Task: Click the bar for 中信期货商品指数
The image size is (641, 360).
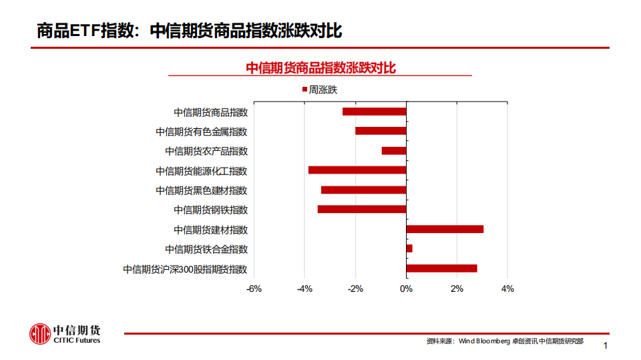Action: [374, 112]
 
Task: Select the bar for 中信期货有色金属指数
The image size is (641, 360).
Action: [381, 131]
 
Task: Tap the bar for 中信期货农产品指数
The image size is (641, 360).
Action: [394, 151]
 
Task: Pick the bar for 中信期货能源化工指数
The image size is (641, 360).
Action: [357, 170]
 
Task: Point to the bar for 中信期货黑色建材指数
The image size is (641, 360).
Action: [363, 190]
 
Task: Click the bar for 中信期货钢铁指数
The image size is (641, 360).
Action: [362, 209]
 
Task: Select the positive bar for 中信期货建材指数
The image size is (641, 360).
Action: [445, 229]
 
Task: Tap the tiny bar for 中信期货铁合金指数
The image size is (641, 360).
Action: [409, 248]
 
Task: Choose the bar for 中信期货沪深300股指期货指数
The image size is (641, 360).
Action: [441, 268]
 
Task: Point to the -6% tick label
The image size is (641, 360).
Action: [254, 289]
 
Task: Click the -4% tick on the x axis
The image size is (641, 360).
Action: [304, 289]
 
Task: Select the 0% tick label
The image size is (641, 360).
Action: [406, 289]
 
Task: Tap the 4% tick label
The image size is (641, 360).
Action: [507, 289]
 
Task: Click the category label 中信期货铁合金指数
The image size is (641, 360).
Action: [206, 249]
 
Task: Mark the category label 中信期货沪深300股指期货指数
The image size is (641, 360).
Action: [185, 269]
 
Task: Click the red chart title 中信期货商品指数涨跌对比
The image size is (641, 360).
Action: [320, 67]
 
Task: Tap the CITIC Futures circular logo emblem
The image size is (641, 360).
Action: [39, 334]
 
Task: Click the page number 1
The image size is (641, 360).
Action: [606, 345]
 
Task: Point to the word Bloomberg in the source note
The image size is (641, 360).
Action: [493, 341]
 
